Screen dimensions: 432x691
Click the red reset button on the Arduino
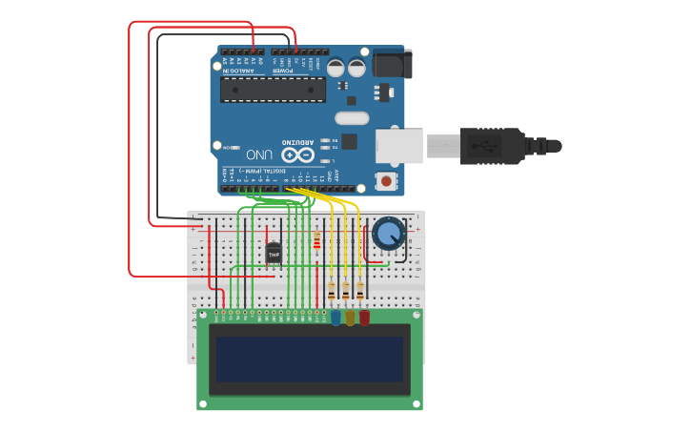point(386,180)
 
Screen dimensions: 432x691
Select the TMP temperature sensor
point(274,254)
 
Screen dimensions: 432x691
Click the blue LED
point(335,317)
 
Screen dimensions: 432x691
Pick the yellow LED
point(350,317)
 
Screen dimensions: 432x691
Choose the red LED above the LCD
point(364,317)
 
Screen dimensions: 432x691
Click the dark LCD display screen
point(310,359)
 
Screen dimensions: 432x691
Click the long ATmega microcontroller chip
point(273,90)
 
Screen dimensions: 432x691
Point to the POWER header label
point(283,71)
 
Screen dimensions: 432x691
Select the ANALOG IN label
point(238,71)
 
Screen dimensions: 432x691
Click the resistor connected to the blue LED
point(332,291)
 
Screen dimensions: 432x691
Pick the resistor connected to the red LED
point(359,291)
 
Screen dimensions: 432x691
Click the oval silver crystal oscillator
point(351,118)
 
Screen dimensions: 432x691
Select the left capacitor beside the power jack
point(335,68)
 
